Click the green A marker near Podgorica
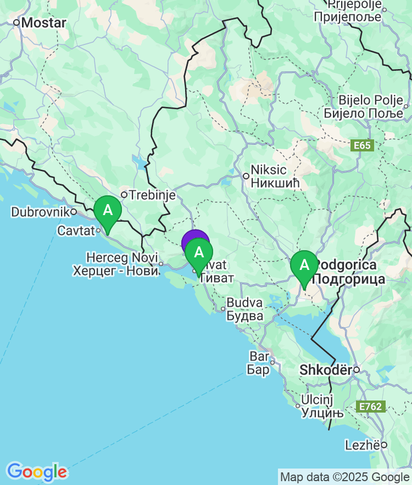[x=304, y=266]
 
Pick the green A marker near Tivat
[x=199, y=253]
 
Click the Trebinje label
[x=152, y=195]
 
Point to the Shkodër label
[x=325, y=370]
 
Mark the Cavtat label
[x=76, y=231]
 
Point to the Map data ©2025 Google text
[x=345, y=477]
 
